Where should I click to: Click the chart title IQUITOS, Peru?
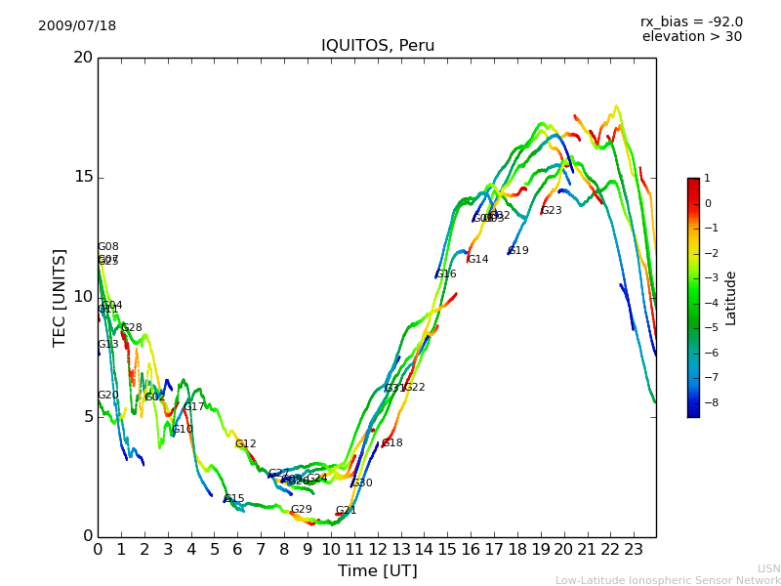pos(378,46)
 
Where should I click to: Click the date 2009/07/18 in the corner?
pos(77,26)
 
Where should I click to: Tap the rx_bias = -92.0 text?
pos(691,21)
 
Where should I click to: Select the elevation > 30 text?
pos(691,37)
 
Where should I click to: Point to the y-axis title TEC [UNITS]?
pos(60,297)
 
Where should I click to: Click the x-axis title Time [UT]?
pos(377,570)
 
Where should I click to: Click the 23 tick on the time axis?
pos(633,550)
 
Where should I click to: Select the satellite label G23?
pos(552,211)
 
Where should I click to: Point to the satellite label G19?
pos(518,251)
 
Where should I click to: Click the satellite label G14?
pos(478,260)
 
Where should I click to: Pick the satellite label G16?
pos(446,274)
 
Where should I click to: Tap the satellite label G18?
pos(392,443)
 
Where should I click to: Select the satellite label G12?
pos(246,444)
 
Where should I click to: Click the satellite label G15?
pos(234,499)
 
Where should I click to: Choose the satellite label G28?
pos(132,328)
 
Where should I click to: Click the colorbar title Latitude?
pos(730,298)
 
